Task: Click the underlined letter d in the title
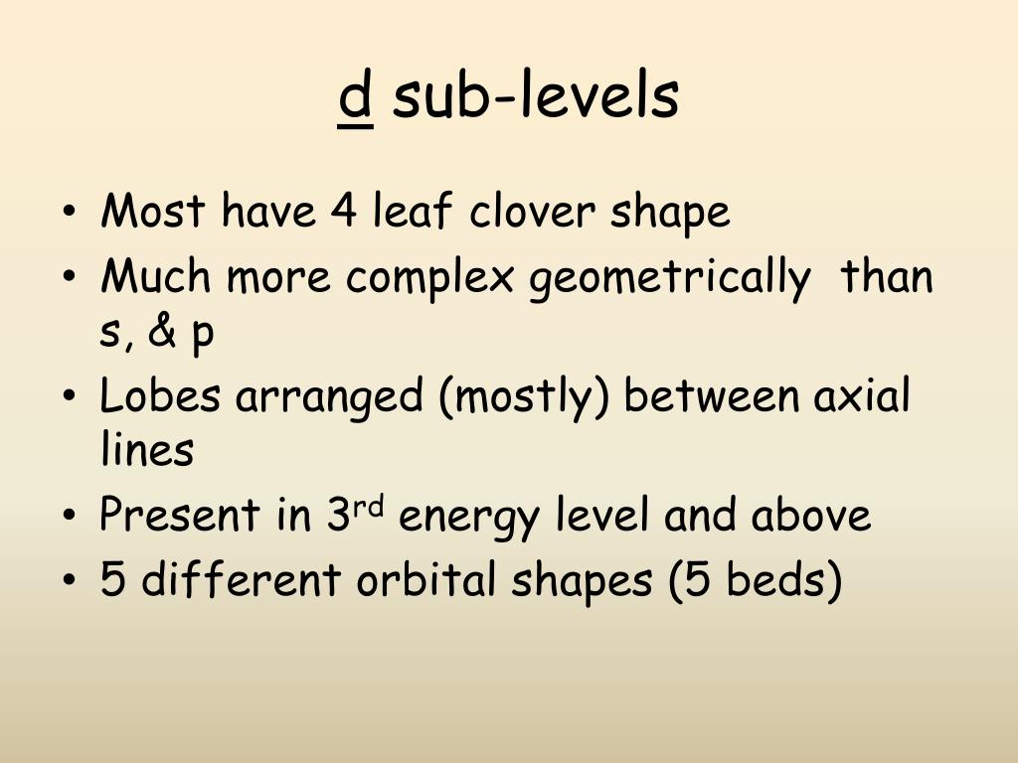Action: tap(356, 97)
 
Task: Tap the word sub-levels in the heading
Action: tap(536, 97)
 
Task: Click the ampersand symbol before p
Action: tap(162, 334)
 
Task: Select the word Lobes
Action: tap(161, 396)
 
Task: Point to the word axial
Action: tap(862, 396)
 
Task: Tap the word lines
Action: tap(146, 451)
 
